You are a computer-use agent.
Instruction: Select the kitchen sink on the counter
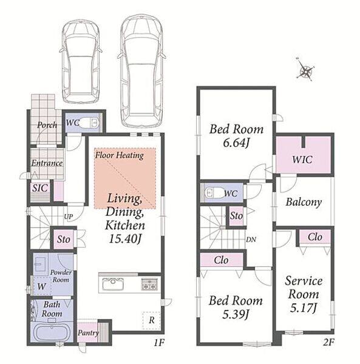[x=113, y=284]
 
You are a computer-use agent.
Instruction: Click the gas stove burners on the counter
[x=149, y=284]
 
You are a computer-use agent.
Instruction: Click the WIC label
[x=302, y=160]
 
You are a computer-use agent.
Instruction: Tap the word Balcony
[x=304, y=202]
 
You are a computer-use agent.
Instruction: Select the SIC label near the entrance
[x=40, y=188]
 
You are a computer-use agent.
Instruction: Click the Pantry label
[x=88, y=333]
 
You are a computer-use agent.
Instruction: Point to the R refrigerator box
[x=152, y=320]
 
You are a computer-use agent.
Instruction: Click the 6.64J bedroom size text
[x=236, y=143]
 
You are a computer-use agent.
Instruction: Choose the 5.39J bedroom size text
[x=236, y=314]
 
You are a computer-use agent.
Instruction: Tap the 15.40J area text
[x=125, y=239]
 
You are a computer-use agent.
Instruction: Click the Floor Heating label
[x=120, y=155]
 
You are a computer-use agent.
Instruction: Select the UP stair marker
[x=68, y=217]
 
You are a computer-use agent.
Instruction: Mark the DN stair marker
[x=251, y=240]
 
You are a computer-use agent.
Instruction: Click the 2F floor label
[x=328, y=342]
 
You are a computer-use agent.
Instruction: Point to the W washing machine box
[x=41, y=286]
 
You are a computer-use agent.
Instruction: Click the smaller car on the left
[x=81, y=62]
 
